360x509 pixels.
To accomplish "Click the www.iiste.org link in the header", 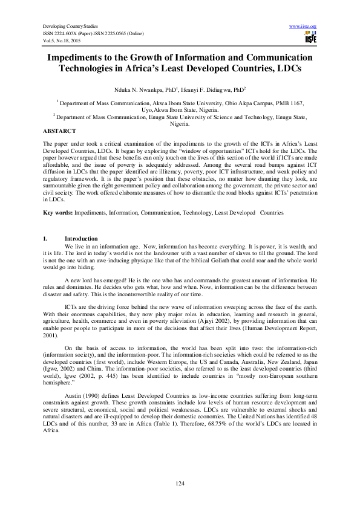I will [304, 27].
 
